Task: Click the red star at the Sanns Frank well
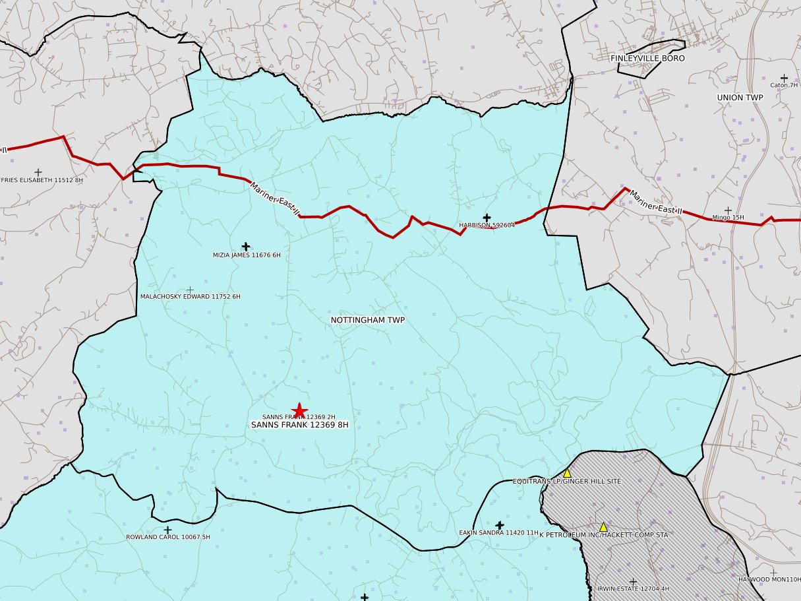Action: click(299, 410)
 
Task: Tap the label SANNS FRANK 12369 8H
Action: click(300, 426)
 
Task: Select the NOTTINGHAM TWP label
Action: click(367, 320)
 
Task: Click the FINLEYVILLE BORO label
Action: click(647, 58)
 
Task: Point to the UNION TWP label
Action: click(739, 98)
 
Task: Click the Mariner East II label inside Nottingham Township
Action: click(275, 198)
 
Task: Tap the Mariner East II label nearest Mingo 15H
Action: click(655, 203)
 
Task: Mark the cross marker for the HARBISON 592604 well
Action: click(487, 218)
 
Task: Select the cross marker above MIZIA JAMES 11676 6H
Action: click(246, 246)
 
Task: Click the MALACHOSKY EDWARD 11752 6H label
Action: click(190, 297)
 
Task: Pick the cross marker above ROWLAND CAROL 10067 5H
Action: click(167, 530)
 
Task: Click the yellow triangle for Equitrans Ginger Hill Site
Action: click(567, 473)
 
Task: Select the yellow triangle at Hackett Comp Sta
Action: click(603, 526)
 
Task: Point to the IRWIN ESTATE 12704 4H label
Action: click(632, 588)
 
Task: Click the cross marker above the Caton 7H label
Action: click(784, 78)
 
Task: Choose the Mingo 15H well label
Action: click(728, 218)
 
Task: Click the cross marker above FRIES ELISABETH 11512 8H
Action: click(38, 172)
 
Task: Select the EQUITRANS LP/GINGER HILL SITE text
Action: click(566, 482)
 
